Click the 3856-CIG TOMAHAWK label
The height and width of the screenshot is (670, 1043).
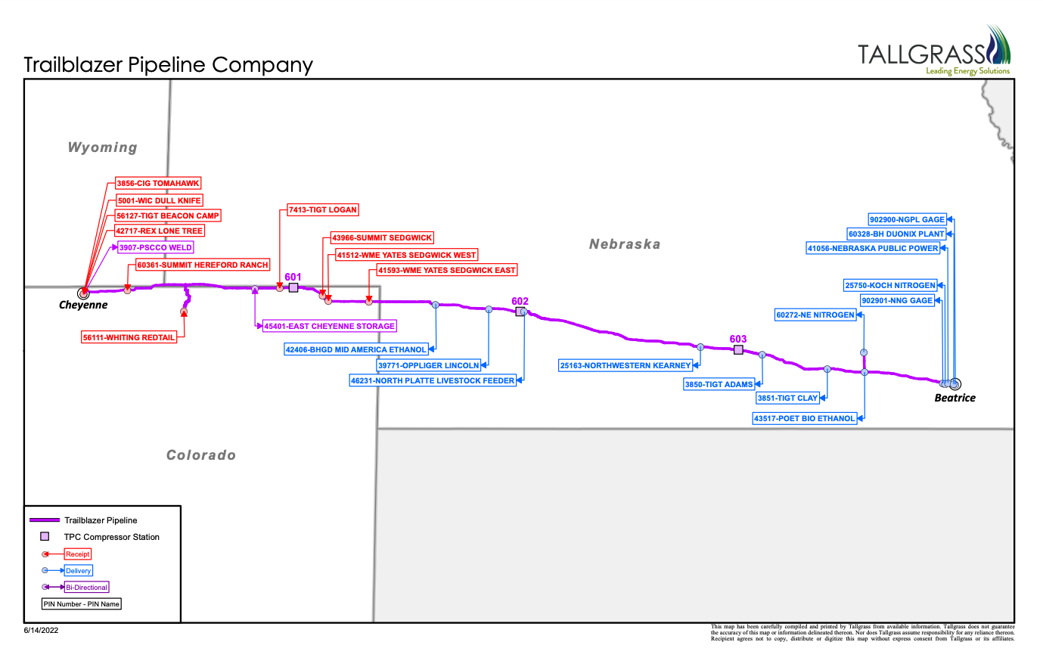[x=158, y=184]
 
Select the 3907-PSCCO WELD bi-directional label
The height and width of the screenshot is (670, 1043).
[x=156, y=247]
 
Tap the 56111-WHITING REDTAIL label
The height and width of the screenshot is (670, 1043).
[x=129, y=337]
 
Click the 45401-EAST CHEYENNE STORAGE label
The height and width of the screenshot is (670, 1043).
[x=330, y=327]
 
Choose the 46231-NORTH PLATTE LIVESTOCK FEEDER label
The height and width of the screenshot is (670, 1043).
[x=433, y=381]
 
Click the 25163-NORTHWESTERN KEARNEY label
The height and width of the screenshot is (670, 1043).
[x=625, y=366]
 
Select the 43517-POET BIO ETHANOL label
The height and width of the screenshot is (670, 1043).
[x=805, y=419]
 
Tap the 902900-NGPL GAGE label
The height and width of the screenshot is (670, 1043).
[x=907, y=220]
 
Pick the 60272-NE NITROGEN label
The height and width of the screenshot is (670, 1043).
[x=815, y=315]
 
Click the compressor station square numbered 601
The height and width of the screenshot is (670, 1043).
[x=293, y=287]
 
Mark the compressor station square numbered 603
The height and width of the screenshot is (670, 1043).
[x=738, y=349]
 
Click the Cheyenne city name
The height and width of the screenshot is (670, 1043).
[x=83, y=306]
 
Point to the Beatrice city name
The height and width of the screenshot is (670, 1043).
[x=955, y=399]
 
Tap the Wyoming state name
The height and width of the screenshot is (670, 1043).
[x=103, y=147]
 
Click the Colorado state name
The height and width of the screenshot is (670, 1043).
[x=201, y=455]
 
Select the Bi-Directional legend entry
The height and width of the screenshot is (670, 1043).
[x=87, y=588]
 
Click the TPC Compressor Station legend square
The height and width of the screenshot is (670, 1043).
[x=45, y=537]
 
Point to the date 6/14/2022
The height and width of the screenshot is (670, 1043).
[x=41, y=630]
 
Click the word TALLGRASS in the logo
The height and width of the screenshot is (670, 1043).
[x=921, y=54]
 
